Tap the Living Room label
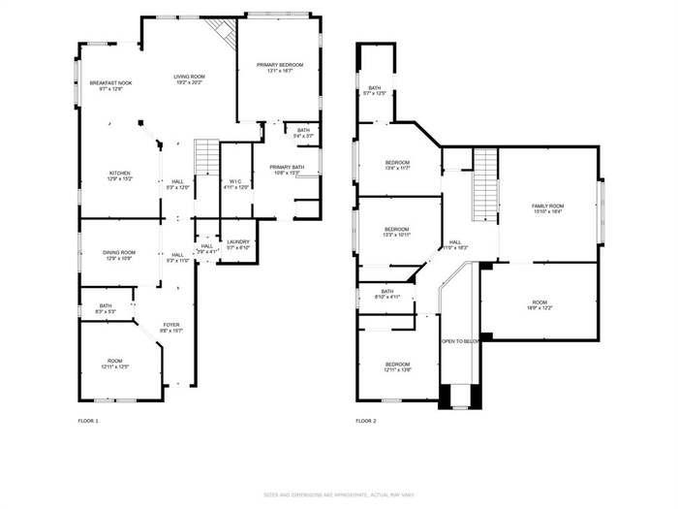pyautogui.click(x=188, y=80)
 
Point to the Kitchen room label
pyautogui.click(x=119, y=176)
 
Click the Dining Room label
pyautogui.click(x=119, y=256)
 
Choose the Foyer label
pyautogui.click(x=170, y=328)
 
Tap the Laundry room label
pyautogui.click(x=238, y=245)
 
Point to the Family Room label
pyautogui.click(x=547, y=208)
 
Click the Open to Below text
pyautogui.click(x=461, y=341)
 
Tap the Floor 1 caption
pyautogui.click(x=88, y=421)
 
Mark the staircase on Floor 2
pyautogui.click(x=484, y=184)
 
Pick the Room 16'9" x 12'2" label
pyautogui.click(x=540, y=305)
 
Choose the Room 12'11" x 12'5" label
pyautogui.click(x=116, y=365)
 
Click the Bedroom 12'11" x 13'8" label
pyautogui.click(x=398, y=366)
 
